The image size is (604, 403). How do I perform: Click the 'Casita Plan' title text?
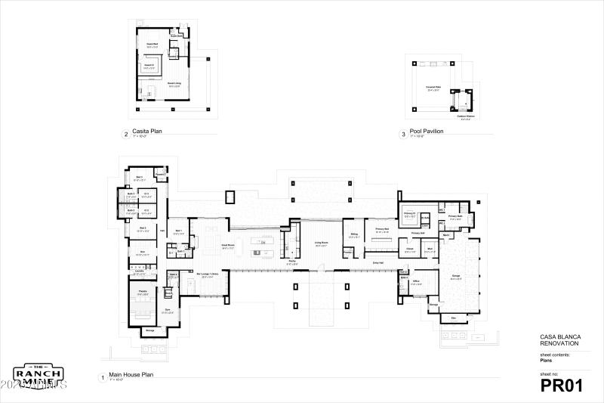pos(147,132)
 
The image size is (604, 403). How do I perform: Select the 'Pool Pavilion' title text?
pos(426,132)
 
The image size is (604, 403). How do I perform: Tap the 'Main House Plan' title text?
pos(131,374)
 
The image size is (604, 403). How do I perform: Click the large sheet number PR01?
pos(562,386)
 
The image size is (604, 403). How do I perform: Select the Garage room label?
pos(455,277)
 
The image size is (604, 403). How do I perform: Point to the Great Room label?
pos(227,244)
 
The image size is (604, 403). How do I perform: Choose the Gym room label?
pos(168,309)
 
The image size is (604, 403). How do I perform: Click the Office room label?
pos(416,281)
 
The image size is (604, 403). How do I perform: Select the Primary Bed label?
pos(381,228)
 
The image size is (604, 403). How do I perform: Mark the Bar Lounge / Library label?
pos(209,277)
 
